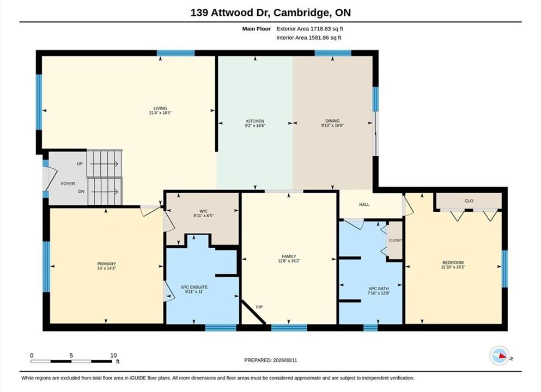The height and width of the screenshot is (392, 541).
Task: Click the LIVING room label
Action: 160,108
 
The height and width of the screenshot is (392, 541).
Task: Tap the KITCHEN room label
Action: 255,121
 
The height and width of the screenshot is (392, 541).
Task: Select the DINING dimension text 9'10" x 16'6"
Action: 332,126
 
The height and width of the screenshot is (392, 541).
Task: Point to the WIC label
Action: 203,211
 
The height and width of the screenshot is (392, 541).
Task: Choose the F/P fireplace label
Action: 259,307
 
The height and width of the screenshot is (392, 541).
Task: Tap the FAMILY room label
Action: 289,256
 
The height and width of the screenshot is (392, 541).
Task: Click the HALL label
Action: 364,205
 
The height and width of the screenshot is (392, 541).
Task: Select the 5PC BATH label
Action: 379,289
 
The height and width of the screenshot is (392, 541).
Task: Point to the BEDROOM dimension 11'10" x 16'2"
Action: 453,267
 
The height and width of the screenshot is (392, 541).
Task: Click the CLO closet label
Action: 469,201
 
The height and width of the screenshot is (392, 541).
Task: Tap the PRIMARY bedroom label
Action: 106,264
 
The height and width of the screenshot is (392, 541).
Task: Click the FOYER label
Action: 68,184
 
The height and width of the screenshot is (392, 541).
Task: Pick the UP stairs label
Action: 80,164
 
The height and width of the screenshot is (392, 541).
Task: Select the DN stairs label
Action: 81,191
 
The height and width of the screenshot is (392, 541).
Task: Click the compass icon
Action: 499,356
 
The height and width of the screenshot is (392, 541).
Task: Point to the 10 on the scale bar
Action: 113,356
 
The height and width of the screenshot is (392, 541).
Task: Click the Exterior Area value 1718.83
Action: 320,29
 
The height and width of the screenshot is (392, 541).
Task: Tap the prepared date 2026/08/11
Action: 285,360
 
